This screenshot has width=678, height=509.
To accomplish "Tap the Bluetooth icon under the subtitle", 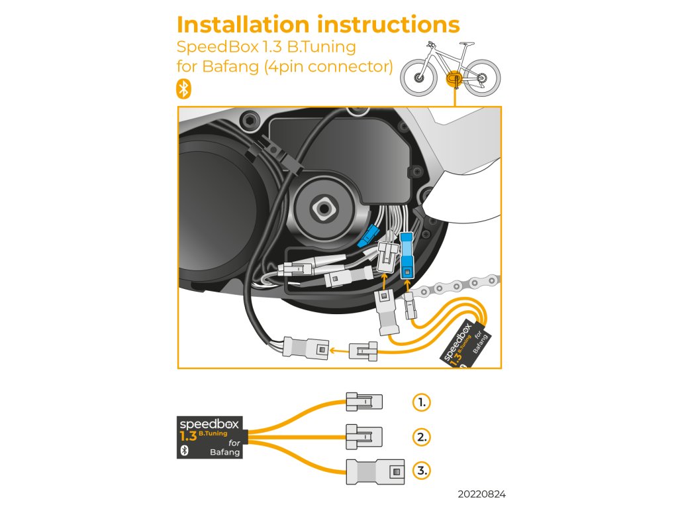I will (x=184, y=89).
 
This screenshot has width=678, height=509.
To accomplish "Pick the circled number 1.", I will (x=421, y=402).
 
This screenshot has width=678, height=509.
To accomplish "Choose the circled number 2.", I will (x=421, y=437).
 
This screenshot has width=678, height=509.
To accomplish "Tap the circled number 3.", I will (x=421, y=471).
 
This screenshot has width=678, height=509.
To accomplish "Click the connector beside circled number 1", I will (x=363, y=401).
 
